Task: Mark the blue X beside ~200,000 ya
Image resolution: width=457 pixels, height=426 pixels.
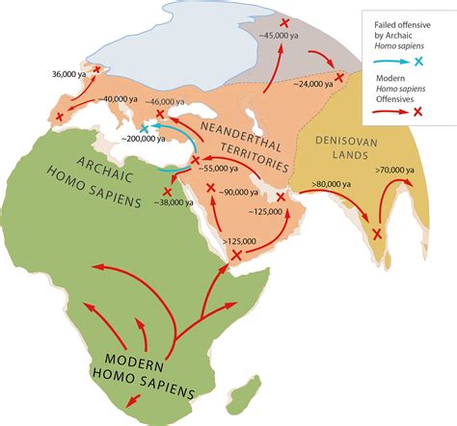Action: pos(145,128)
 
